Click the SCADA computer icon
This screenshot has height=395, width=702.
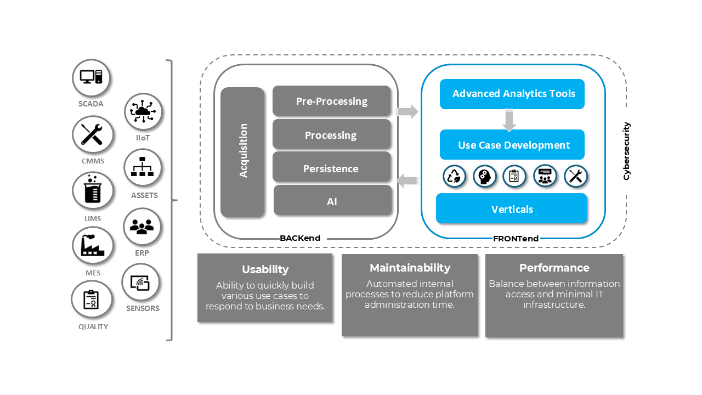(91, 77)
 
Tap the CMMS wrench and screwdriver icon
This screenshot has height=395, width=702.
(92, 134)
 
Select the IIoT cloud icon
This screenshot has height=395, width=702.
(143, 112)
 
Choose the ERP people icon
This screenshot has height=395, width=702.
(142, 226)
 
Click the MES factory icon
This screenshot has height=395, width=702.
(92, 245)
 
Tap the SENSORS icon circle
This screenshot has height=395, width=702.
(140, 283)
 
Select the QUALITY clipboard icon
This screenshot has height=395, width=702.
(91, 300)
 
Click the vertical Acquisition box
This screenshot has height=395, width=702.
(242, 152)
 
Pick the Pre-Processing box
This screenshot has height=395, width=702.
(331, 101)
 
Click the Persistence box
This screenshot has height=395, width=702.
(331, 168)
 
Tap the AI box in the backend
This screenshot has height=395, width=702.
(332, 201)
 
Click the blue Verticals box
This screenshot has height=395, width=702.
(511, 208)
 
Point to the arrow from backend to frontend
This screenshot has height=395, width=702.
(407, 112)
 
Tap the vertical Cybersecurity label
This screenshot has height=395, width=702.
(627, 151)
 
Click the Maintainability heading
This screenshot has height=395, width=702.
(410, 268)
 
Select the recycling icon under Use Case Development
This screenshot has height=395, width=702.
(455, 177)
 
